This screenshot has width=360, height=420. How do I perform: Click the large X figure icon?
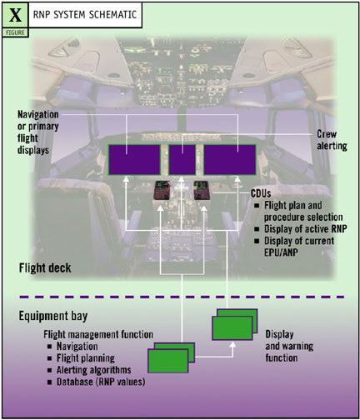[x=15, y=14]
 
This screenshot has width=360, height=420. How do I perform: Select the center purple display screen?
[x=182, y=158]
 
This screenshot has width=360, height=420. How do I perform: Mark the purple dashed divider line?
[x=180, y=297]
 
